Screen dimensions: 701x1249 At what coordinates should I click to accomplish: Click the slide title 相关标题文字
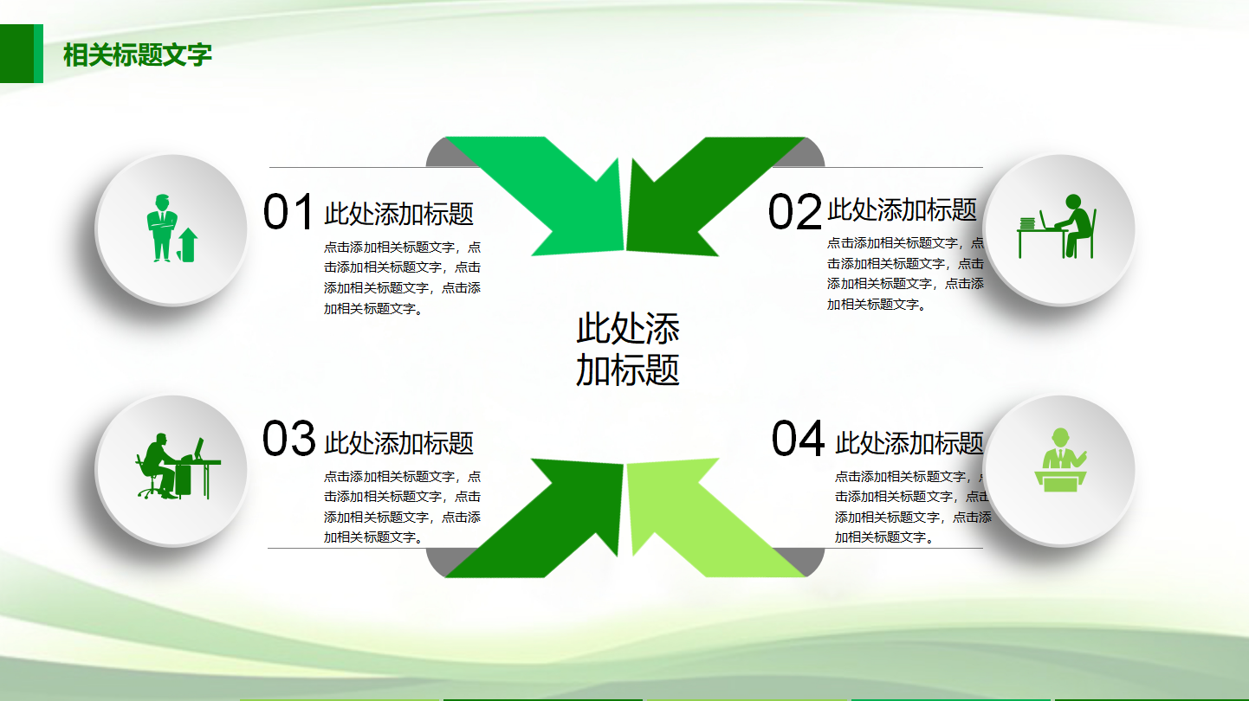click(138, 55)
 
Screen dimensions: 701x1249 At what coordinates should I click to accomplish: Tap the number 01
click(288, 213)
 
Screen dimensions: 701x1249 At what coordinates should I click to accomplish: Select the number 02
click(794, 213)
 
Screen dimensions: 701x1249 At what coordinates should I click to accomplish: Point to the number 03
click(288, 439)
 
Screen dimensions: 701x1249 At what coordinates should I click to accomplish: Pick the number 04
click(798, 439)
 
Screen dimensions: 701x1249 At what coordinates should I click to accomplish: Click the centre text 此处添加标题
click(627, 350)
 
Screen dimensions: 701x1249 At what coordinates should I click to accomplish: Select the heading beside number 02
click(902, 209)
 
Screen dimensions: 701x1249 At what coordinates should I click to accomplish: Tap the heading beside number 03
click(398, 443)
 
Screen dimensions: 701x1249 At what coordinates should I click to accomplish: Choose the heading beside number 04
click(909, 443)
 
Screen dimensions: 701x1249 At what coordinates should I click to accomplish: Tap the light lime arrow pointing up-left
click(702, 519)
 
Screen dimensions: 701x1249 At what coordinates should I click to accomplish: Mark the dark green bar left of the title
click(17, 54)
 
